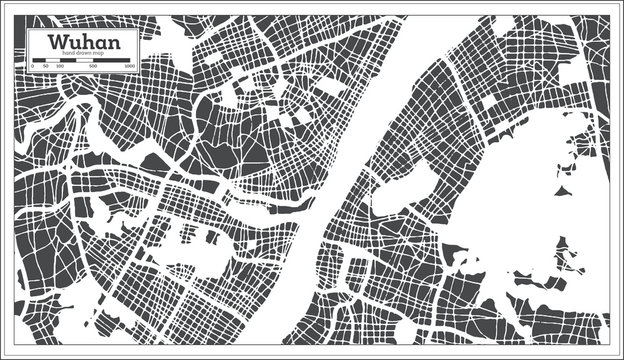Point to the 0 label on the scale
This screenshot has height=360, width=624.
(x=32, y=66)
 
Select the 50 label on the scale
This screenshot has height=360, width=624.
(x=45, y=66)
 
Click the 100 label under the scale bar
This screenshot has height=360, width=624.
(x=59, y=66)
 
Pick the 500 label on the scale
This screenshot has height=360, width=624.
(x=93, y=66)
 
